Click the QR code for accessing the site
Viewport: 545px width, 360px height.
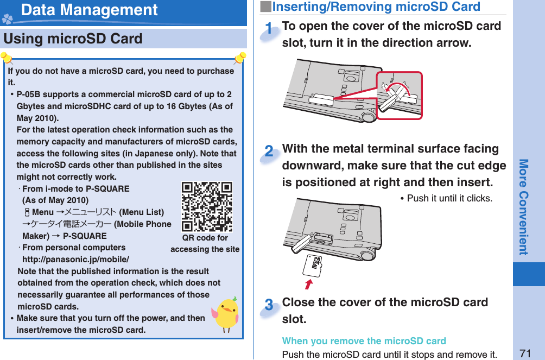click(x=206, y=206)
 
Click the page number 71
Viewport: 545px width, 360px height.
click(x=525, y=353)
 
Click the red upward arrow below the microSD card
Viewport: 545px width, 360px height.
click(x=309, y=284)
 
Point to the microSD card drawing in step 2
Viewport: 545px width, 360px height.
click(x=313, y=264)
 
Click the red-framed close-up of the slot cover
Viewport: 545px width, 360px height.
click(x=400, y=96)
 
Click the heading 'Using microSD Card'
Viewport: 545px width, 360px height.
click(x=73, y=39)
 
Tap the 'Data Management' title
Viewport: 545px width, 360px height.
click(x=90, y=10)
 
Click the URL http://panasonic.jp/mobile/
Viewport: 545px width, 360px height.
click(x=75, y=260)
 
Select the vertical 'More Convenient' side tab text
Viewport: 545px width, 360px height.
click(x=523, y=207)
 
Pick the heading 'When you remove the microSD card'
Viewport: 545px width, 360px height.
click(x=364, y=341)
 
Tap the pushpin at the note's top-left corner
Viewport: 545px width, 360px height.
click(x=7, y=58)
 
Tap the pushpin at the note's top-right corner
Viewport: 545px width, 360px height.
click(x=239, y=58)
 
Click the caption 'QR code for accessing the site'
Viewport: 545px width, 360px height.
click(x=205, y=243)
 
